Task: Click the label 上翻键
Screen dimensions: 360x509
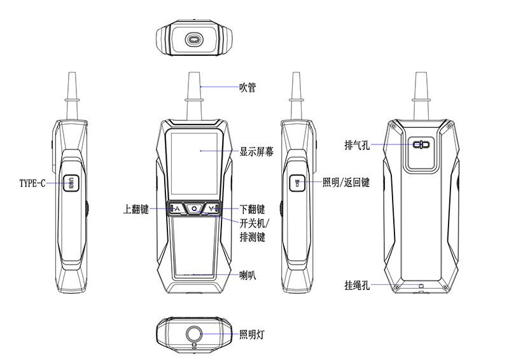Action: click(136, 209)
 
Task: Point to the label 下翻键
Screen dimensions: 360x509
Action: click(252, 209)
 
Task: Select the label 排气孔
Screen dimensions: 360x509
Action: click(358, 144)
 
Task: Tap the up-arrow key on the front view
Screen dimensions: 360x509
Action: click(177, 209)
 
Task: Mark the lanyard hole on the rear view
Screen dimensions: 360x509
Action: click(421, 286)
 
